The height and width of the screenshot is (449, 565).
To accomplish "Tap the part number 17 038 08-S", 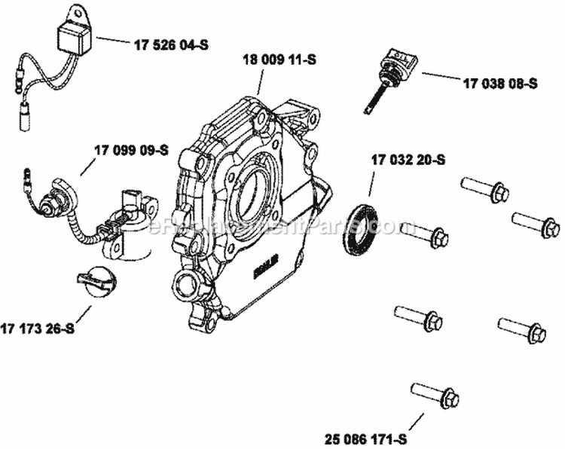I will pyautogui.click(x=499, y=84).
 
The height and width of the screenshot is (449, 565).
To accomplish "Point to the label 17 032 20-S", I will pyautogui.click(x=408, y=160).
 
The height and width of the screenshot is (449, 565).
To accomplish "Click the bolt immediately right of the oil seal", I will pyautogui.click(x=425, y=235).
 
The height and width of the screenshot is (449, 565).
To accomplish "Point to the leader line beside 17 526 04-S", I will pyautogui.click(x=112, y=41).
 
